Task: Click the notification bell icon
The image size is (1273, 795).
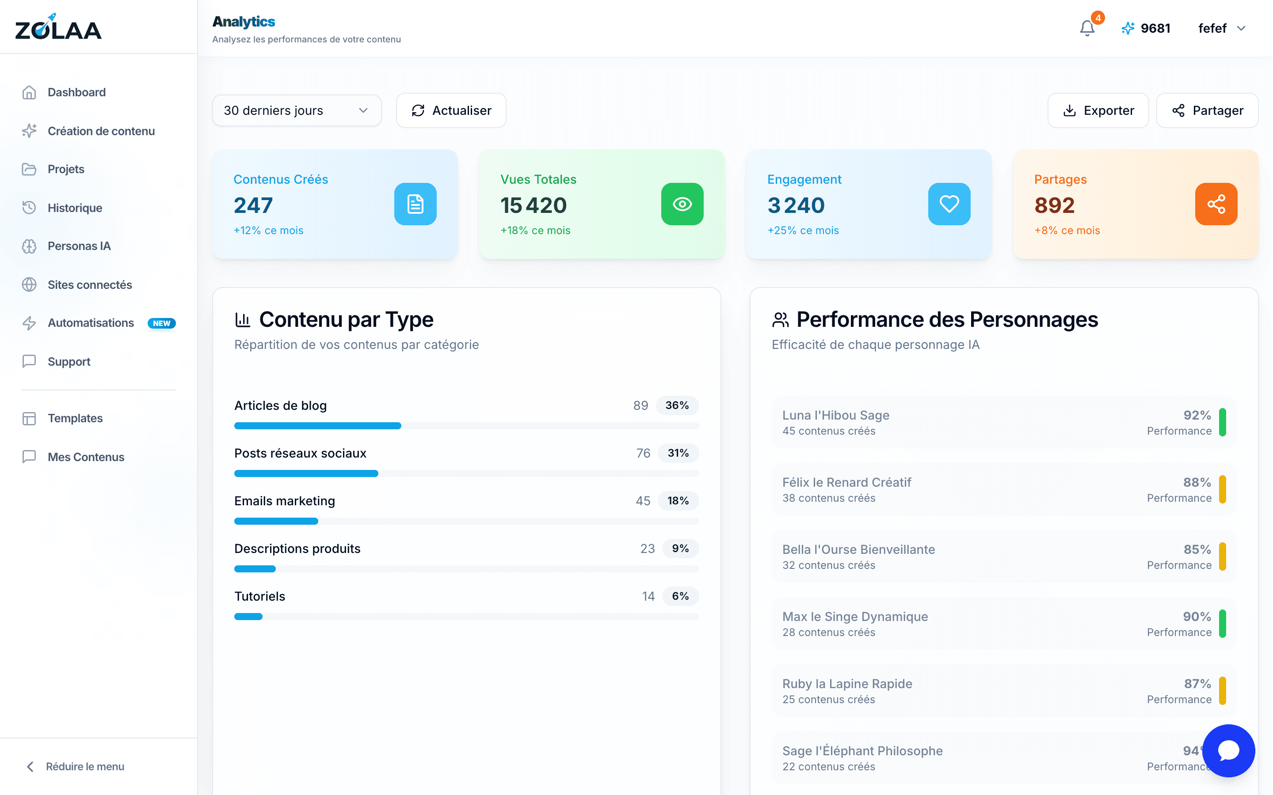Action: [1087, 28]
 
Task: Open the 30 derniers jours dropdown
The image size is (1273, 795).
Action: [297, 110]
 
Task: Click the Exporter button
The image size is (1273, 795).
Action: [1098, 110]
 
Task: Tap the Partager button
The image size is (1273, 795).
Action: [1207, 110]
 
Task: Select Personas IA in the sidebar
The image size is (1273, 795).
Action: [79, 246]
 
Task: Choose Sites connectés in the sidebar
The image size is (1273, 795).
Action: [89, 284]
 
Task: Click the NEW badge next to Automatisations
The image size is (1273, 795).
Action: [161, 323]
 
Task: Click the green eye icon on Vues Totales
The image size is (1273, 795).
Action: [682, 204]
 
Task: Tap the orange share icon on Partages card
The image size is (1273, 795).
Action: [1216, 204]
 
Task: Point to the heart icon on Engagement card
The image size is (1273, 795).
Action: [949, 204]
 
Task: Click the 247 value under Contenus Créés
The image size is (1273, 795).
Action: [253, 205]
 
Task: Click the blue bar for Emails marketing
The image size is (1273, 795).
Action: [276, 521]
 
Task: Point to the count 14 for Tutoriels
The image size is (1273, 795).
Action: [648, 596]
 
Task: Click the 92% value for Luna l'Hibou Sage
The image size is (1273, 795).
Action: [1197, 415]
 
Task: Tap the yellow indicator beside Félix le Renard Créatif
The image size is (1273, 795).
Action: [1223, 489]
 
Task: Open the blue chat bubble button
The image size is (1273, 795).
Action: [1228, 750]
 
